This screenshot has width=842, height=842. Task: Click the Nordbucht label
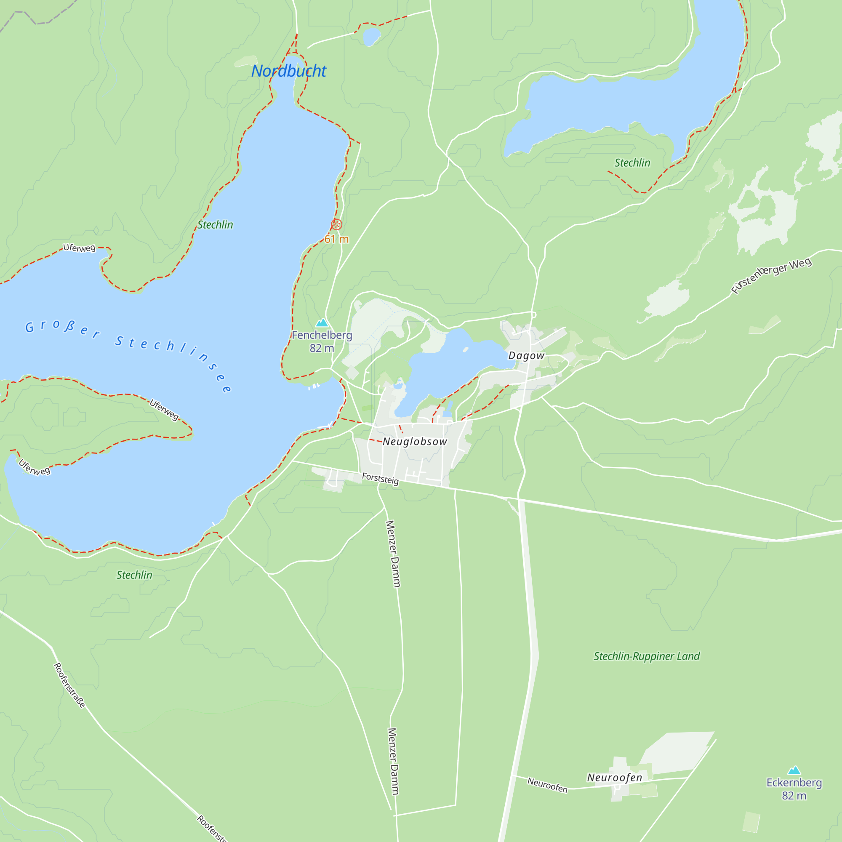pos(288,71)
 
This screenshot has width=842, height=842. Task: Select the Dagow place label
pos(526,356)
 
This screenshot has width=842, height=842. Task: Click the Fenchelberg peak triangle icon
pos(322,323)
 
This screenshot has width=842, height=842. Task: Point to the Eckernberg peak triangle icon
pos(794,770)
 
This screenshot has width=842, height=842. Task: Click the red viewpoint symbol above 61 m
pos(336,224)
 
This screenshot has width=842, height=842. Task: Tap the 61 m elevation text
pos(336,239)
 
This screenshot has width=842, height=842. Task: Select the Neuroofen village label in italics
pos(615,778)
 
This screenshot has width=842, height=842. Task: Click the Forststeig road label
pos(380,479)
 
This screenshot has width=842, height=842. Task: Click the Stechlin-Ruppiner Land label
pos(646,656)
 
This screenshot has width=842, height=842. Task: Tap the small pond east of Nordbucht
pos(371,37)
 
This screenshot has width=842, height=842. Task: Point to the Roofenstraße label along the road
pos(69,685)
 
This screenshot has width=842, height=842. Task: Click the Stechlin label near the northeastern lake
pos(632,163)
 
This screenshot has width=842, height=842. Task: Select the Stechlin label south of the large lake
pos(134,575)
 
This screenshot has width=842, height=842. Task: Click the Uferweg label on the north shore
pos(79,248)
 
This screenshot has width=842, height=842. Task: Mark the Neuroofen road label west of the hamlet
pos(547,785)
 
